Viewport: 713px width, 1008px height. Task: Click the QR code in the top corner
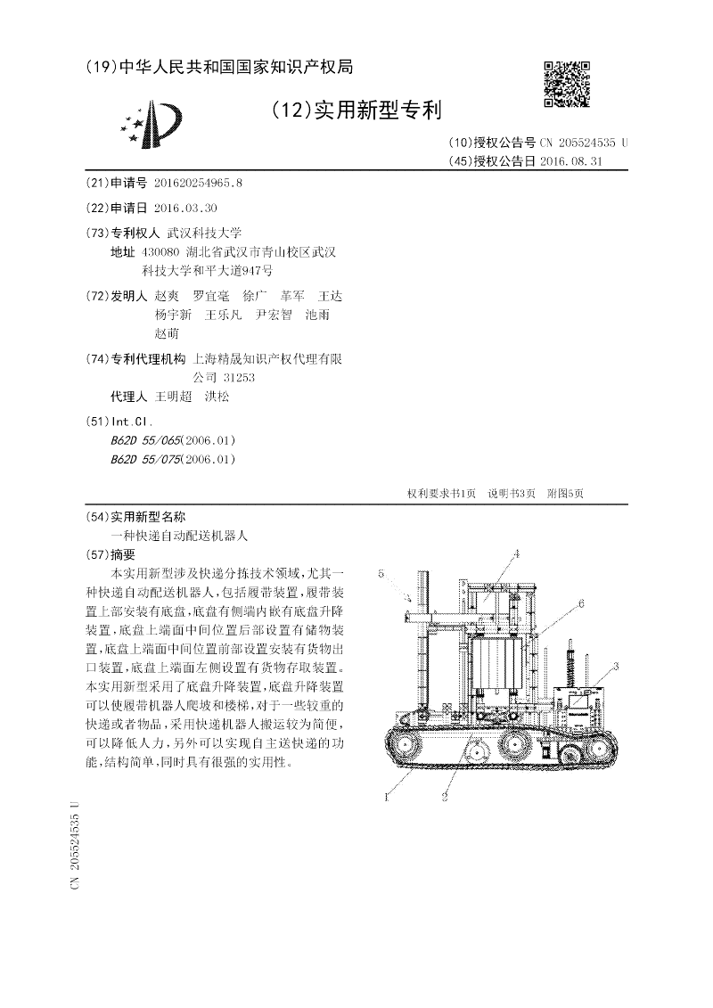coord(566,84)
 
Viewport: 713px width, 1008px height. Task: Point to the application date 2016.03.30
coord(185,208)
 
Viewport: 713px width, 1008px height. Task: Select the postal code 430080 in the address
coord(160,253)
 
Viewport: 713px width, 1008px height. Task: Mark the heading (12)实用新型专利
coord(356,111)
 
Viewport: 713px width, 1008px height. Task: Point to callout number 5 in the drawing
coord(381,574)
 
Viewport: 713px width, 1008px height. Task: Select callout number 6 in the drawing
coord(580,603)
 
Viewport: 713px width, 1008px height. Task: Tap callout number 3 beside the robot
coord(615,667)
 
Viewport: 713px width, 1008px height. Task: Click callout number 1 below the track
coord(386,799)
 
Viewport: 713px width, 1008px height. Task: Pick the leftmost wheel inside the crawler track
coord(411,745)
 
